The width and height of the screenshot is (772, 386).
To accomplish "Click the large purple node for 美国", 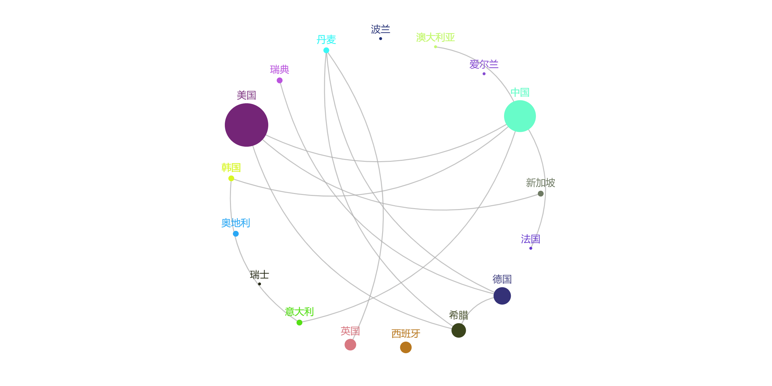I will click(246, 125).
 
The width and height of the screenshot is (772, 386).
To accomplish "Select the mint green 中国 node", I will click(520, 116).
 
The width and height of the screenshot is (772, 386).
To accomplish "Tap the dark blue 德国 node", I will click(502, 296).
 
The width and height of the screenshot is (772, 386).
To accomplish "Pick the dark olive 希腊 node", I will click(459, 330).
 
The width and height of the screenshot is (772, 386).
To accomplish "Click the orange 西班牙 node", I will click(406, 347).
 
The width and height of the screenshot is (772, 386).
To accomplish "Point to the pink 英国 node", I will click(350, 345).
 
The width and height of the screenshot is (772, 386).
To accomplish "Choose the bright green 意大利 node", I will click(299, 323).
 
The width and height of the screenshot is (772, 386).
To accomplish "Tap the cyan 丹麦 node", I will click(326, 50).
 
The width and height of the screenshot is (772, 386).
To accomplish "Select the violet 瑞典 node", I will click(280, 80).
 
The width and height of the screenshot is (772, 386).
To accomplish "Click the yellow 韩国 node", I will click(231, 179).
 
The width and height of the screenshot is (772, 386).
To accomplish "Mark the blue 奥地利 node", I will click(236, 234).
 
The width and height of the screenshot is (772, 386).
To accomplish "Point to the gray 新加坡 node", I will click(541, 194).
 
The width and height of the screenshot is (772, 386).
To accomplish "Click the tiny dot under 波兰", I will click(381, 39).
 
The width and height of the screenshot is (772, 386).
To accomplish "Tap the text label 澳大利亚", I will click(435, 38).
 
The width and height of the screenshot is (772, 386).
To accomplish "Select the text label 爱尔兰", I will click(484, 64).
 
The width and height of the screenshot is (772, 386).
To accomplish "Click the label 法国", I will click(530, 239).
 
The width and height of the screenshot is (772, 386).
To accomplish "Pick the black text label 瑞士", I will click(260, 275).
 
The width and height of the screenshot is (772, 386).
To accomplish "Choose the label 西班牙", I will click(406, 334).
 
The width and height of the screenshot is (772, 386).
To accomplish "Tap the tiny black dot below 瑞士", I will click(260, 284).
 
